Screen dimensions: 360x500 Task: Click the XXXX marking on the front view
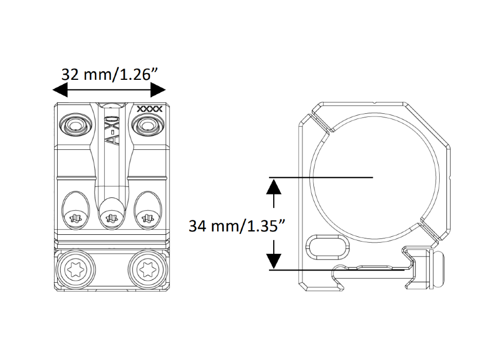tap(150, 109)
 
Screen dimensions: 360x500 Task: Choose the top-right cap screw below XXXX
tap(147, 125)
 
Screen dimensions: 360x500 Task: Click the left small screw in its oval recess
tap(75, 220)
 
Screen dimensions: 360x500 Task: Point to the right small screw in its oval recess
tap(147, 220)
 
